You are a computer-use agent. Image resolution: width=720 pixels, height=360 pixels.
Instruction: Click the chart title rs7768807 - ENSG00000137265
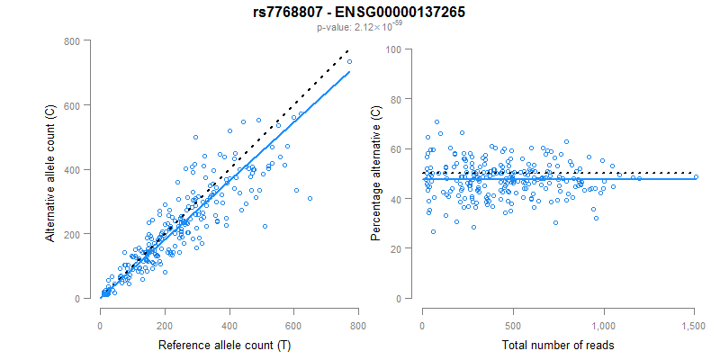pyautogui.click(x=359, y=12)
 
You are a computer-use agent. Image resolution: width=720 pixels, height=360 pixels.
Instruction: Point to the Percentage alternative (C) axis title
pyautogui.click(x=375, y=174)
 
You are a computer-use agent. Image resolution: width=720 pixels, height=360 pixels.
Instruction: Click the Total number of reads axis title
pyautogui.click(x=558, y=345)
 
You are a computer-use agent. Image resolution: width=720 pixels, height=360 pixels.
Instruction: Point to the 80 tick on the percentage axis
pyautogui.click(x=394, y=98)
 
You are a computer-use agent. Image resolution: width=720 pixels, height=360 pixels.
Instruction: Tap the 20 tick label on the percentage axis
pyautogui.click(x=394, y=248)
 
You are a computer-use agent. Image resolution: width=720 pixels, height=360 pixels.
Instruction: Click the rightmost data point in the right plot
pyautogui.click(x=695, y=176)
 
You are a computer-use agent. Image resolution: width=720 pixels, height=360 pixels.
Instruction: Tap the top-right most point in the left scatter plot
pyautogui.click(x=349, y=61)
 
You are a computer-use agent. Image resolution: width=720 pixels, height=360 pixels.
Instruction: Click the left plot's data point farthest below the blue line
pyautogui.click(x=310, y=198)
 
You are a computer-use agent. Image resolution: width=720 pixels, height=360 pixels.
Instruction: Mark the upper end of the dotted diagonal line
pyautogui.click(x=347, y=53)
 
